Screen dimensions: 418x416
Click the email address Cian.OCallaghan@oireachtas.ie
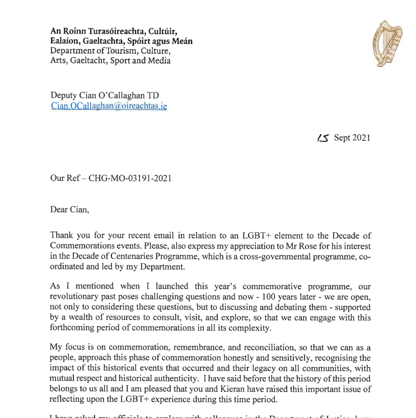(x=109, y=106)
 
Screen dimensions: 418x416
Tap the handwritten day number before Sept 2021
(x=323, y=138)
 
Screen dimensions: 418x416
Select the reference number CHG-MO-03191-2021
(x=130, y=179)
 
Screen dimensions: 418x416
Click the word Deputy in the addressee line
(x=64, y=95)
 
